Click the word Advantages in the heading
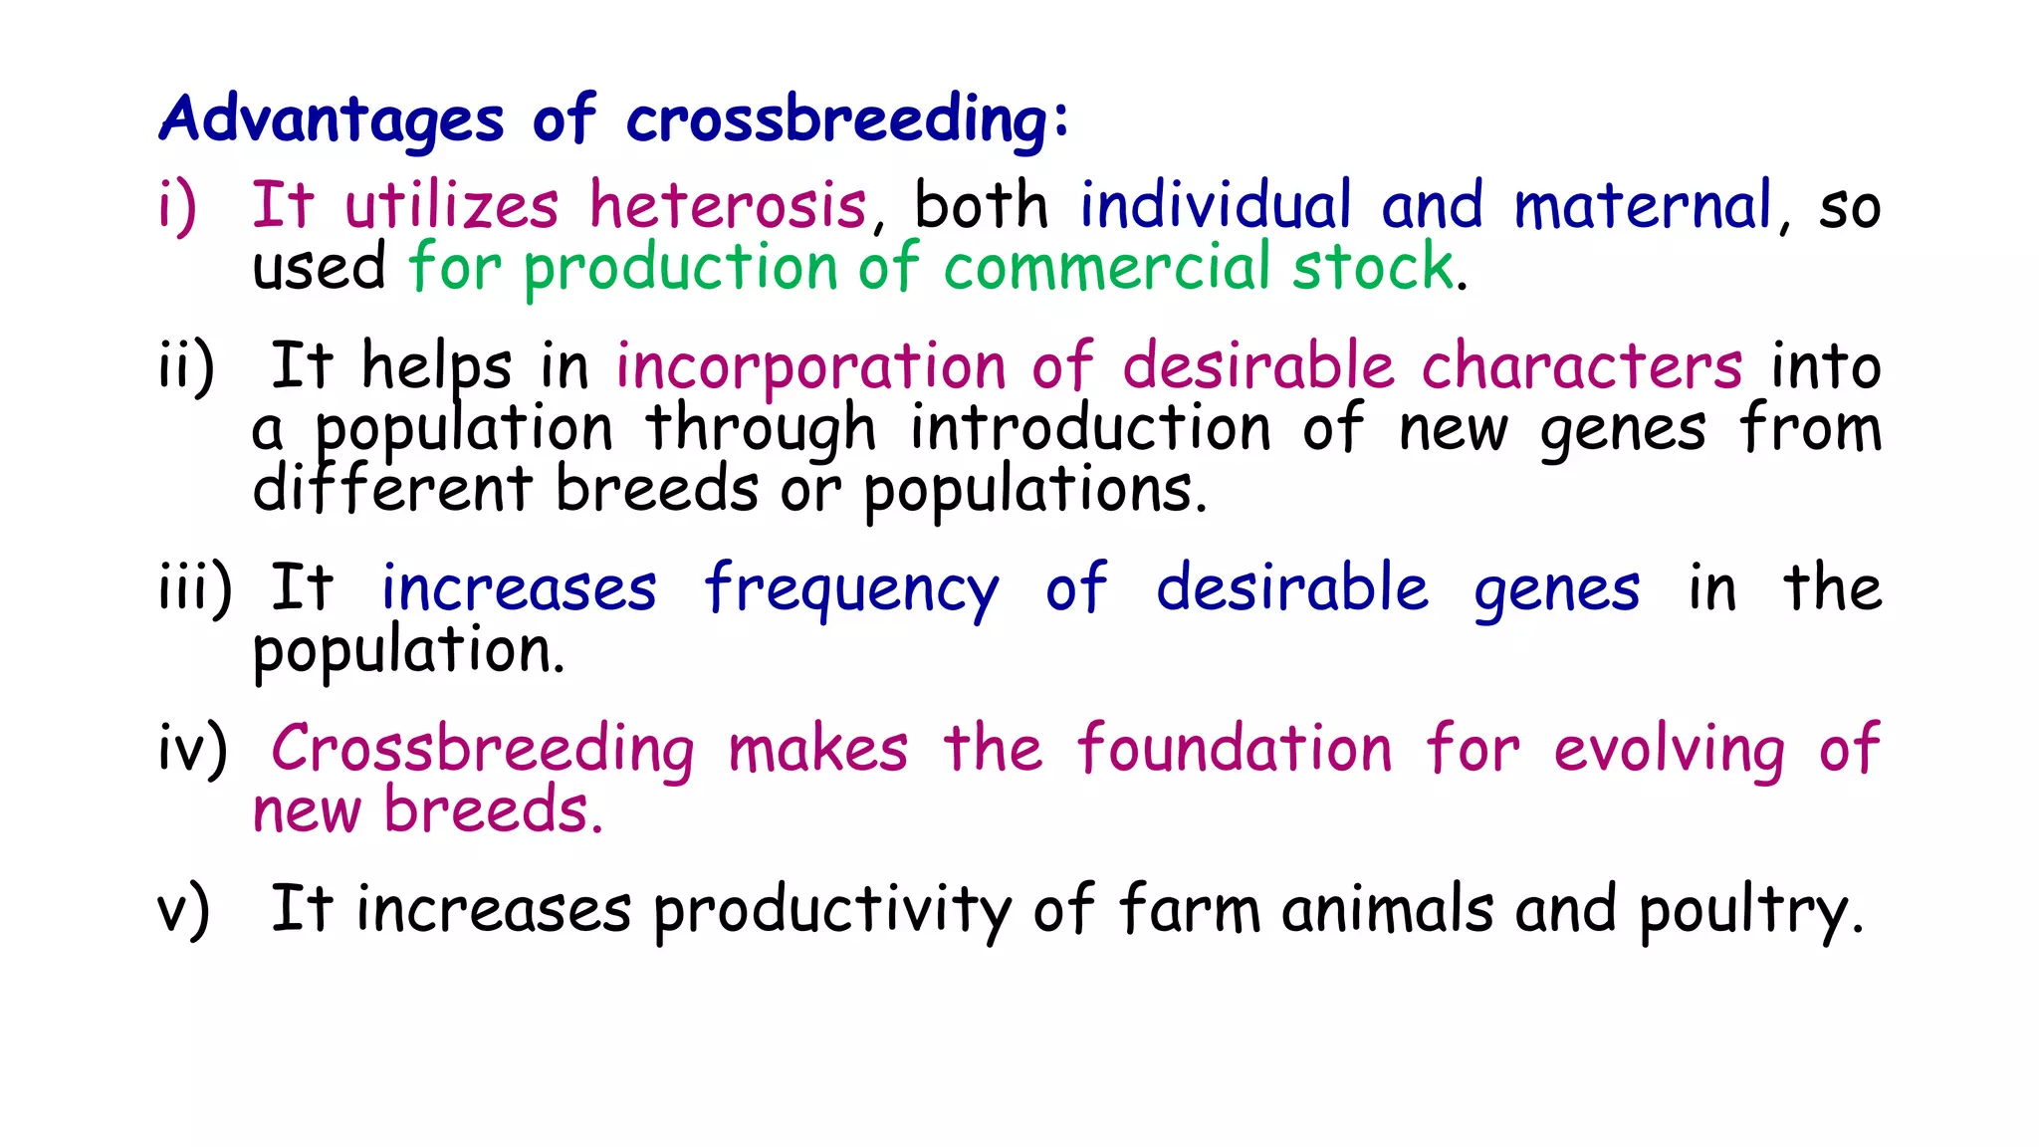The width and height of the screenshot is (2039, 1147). click(332, 120)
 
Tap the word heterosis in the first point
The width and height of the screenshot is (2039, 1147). click(728, 206)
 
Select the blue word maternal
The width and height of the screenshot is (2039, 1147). click(1643, 206)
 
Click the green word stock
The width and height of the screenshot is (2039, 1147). click(1373, 268)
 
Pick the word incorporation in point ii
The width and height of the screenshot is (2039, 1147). click(810, 366)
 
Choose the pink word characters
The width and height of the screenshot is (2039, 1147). click(1581, 366)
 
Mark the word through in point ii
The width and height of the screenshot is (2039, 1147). click(761, 429)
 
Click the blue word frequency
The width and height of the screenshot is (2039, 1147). click(851, 588)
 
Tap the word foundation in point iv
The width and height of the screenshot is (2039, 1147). click(1235, 749)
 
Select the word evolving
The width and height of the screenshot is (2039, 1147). click(1670, 751)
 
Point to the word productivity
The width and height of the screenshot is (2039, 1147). click(831, 910)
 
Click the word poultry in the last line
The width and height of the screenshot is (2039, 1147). click(1748, 910)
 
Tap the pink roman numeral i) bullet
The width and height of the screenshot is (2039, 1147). click(177, 208)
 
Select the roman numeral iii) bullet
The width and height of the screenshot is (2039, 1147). click(195, 588)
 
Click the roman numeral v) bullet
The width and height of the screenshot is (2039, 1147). click(183, 910)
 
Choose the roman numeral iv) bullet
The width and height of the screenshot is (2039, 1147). click(192, 749)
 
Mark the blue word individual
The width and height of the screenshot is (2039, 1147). click(1216, 206)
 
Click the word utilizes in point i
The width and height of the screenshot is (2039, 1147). click(452, 206)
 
